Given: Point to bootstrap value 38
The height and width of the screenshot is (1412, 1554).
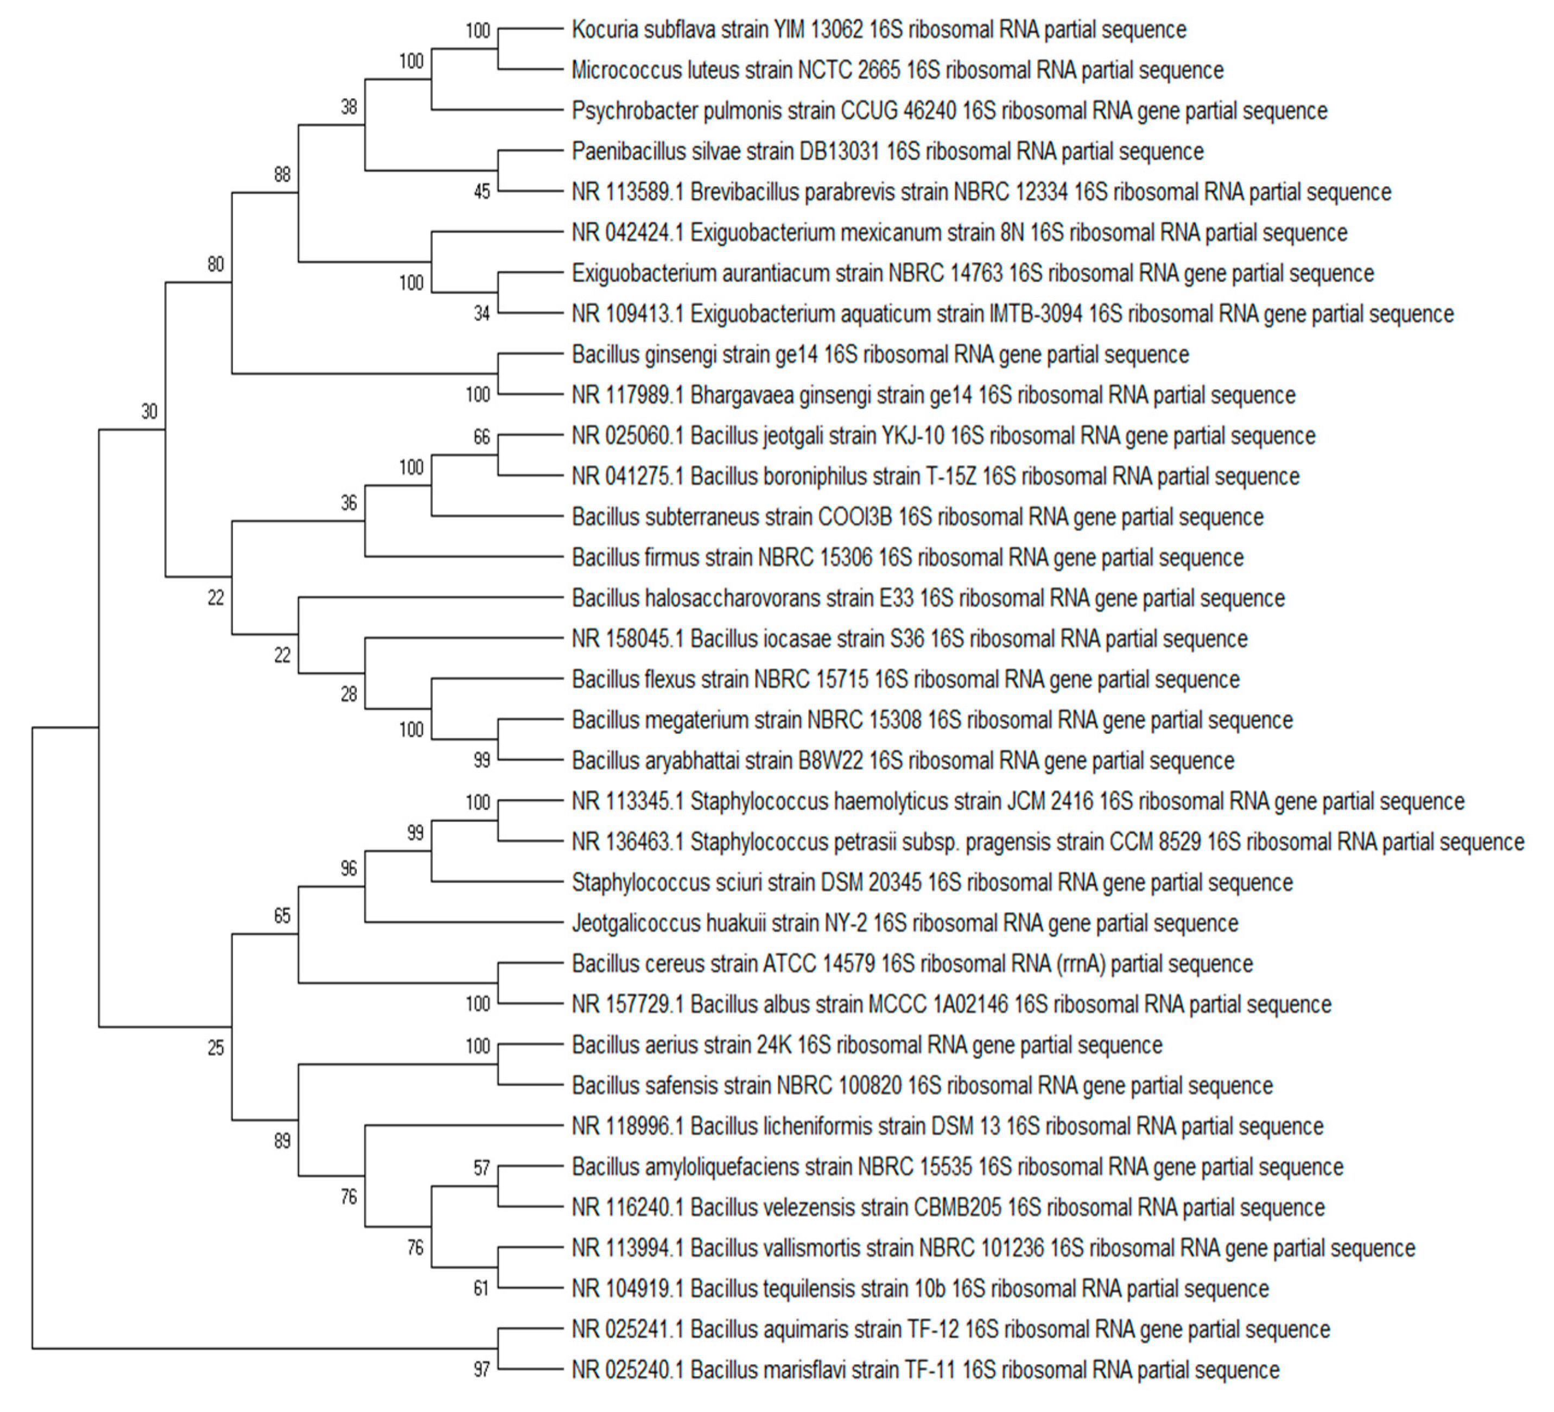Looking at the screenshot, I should tap(348, 107).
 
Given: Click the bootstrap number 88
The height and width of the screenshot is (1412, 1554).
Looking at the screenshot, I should tap(282, 175).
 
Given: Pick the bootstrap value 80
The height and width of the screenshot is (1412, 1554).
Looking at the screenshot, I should tap(216, 264).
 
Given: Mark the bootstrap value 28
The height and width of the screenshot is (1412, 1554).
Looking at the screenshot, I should tap(348, 694).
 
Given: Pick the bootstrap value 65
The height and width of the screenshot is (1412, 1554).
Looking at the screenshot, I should tap(282, 916).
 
